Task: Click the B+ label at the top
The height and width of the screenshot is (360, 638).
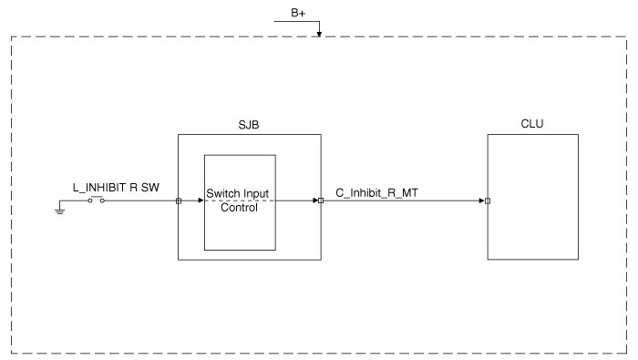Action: pos(298,13)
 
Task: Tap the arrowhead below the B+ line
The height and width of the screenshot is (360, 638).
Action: pos(319,34)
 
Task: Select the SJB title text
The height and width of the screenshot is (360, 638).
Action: pos(249,125)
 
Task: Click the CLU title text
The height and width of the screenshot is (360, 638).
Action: pos(531,124)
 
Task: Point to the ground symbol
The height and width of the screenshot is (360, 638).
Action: pos(60,211)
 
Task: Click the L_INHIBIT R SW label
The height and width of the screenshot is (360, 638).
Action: pos(116,188)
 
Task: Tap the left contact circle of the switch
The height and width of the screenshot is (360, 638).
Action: pos(90,201)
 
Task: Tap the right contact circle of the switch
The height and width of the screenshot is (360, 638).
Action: pos(102,201)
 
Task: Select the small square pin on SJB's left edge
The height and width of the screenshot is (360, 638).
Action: pos(179,201)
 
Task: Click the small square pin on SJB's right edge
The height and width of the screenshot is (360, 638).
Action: pos(321,201)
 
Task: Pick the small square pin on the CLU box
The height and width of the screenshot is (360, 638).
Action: pos(488,201)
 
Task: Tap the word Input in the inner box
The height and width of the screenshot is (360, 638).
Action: pos(256,194)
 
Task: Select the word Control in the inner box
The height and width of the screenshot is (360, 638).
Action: pos(239,208)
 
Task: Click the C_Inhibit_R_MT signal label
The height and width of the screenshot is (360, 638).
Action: pos(376,193)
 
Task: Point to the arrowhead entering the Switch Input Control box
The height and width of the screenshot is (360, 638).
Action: pos(201,201)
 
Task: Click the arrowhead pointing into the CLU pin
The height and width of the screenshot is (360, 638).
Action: pos(482,201)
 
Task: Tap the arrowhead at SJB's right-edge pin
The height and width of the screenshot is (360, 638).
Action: pos(315,201)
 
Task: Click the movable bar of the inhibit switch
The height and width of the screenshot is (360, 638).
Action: pos(97,197)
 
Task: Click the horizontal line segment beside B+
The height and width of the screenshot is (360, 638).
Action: pos(296,21)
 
